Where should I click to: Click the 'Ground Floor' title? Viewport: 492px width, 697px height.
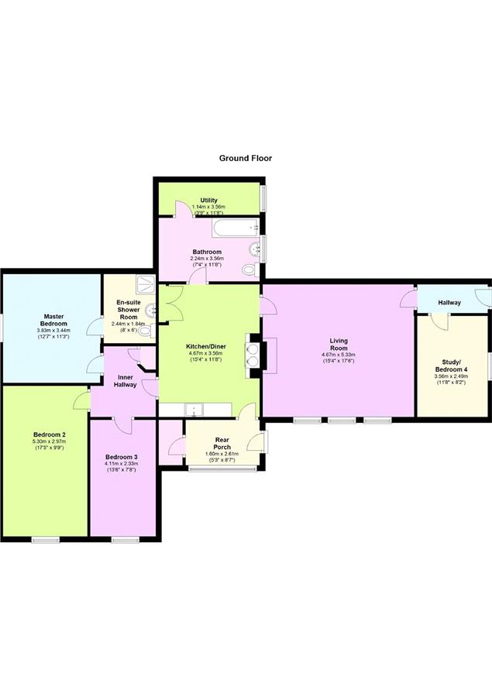point(245,158)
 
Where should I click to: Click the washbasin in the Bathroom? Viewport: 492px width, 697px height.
point(256,249)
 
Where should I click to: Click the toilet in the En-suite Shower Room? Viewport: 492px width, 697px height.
point(145,330)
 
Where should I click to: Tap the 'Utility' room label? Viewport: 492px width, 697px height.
point(208,200)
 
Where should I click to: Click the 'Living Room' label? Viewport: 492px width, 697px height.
point(339,345)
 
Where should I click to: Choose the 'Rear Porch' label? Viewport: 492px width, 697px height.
point(222,444)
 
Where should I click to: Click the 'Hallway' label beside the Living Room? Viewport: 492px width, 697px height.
point(449,303)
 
